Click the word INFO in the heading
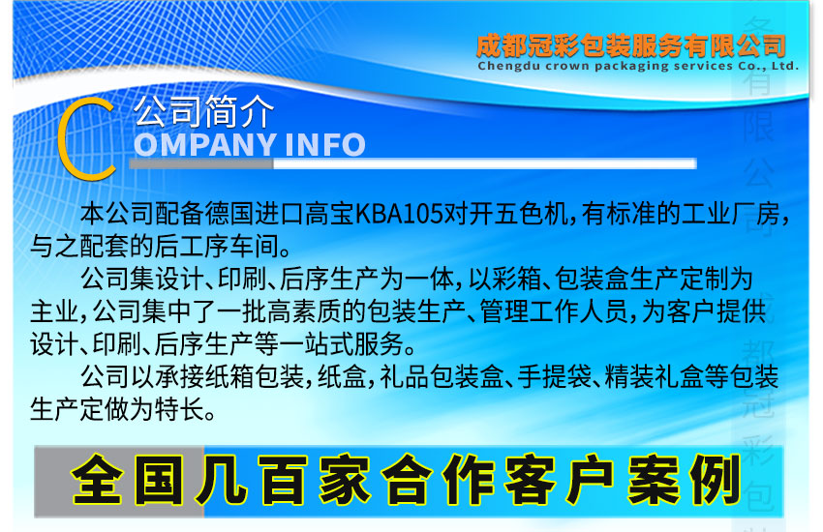point(323,145)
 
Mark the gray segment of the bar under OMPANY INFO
point(201,163)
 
